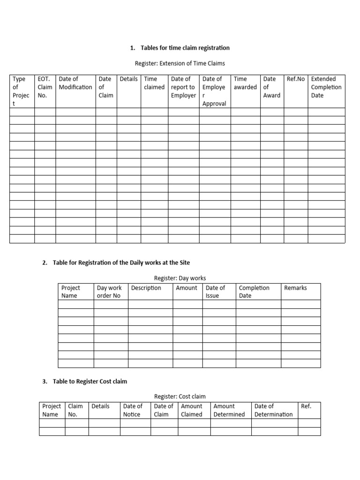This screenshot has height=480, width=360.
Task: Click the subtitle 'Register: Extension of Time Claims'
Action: (x=180, y=63)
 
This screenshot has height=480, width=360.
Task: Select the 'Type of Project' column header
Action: (x=22, y=91)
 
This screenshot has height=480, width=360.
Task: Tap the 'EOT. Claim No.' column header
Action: (x=45, y=87)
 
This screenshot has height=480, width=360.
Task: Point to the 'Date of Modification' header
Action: (x=75, y=83)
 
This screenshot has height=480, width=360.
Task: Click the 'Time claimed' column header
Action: (x=154, y=83)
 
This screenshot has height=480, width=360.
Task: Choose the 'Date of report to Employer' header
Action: (x=183, y=87)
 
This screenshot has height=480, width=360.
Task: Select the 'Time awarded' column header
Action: (x=245, y=83)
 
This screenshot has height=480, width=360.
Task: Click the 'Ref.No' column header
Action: (x=296, y=79)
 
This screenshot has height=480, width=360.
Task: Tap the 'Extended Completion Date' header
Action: (x=326, y=87)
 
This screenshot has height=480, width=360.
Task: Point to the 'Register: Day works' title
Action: (x=180, y=278)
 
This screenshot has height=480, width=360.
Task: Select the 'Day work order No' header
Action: (x=109, y=292)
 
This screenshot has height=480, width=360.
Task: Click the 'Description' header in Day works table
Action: (x=146, y=288)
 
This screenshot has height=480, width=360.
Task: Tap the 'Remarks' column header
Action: (x=295, y=288)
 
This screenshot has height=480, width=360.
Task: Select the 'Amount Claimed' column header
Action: (x=192, y=410)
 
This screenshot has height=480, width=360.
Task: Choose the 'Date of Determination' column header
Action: (x=273, y=410)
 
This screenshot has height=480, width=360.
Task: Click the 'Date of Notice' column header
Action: (x=133, y=410)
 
